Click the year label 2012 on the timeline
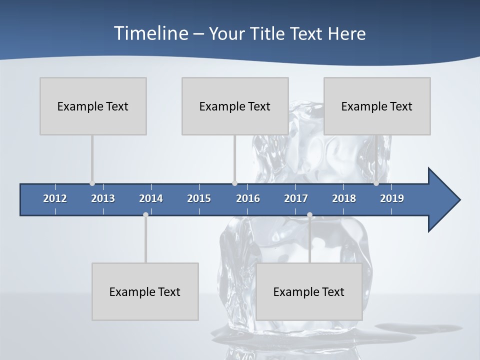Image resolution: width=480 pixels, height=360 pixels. pos(55,198)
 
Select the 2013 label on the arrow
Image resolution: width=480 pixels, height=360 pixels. pos(103,198)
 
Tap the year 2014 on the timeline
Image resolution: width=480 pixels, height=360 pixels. pos(151,198)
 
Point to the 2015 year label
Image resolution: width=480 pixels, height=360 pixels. pos(199,198)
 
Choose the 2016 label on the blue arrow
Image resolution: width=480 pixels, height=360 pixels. pos(248,198)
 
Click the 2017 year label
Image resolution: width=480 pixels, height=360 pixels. pos(296,198)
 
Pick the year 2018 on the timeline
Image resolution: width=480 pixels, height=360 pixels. pos(344,198)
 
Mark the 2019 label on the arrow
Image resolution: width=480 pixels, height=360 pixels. pos(392,198)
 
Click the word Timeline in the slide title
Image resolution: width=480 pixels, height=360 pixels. pos(151,33)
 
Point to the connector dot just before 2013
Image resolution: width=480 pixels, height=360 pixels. pos(92,183)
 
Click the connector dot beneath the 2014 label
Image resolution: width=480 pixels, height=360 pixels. pos(145,215)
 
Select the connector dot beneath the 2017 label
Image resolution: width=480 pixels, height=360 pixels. pos(309,215)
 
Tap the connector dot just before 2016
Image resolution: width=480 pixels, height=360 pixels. pos(235,183)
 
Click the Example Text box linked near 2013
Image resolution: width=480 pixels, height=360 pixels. pos(93,106)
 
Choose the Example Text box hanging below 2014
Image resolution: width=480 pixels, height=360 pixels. pos(145,291)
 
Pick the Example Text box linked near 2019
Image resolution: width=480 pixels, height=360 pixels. pos(377,106)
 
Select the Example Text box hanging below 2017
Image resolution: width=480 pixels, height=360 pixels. pos(309,291)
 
